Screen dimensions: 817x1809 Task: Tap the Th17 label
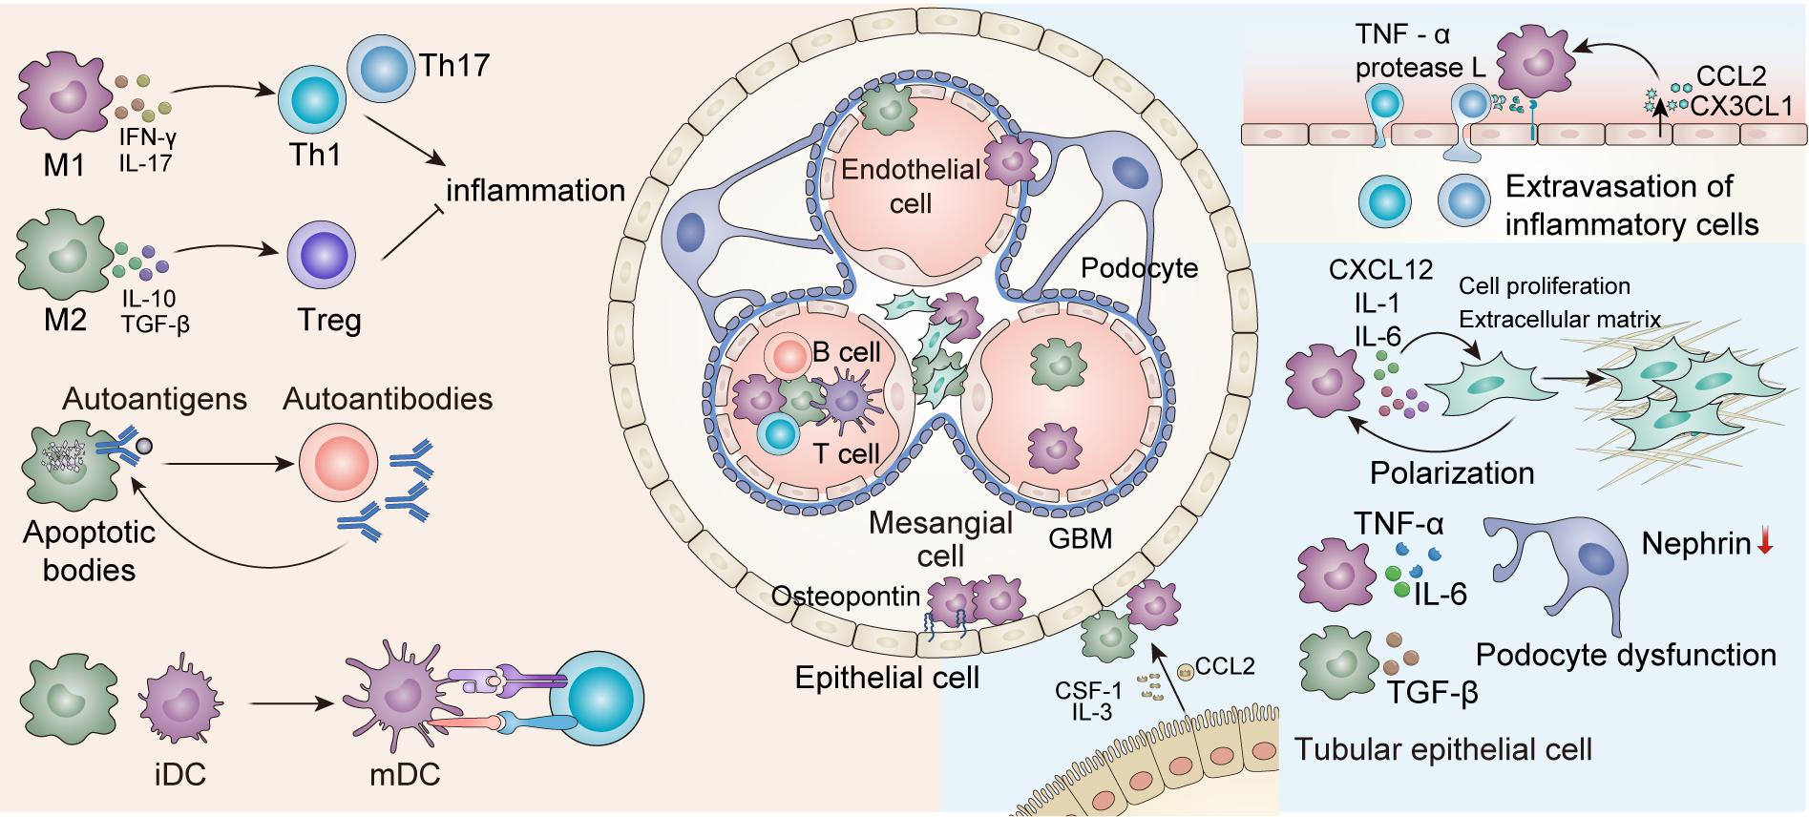tap(454, 65)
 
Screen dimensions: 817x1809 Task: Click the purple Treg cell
tap(322, 255)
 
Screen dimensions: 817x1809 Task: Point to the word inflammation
tap(536, 191)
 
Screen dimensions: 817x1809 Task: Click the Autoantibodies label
tap(388, 398)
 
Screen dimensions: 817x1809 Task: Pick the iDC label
tap(179, 774)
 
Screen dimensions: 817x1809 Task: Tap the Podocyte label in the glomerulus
tap(1139, 268)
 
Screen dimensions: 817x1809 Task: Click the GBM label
tap(1081, 539)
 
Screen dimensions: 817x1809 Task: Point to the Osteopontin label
tap(845, 597)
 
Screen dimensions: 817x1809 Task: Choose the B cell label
tap(846, 352)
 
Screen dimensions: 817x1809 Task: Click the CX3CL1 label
tap(1741, 106)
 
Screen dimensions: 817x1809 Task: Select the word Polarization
tap(1452, 473)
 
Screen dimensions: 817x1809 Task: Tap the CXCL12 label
tap(1380, 270)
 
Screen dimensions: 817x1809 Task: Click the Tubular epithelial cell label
tap(1442, 749)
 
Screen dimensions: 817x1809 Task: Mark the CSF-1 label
tap(1088, 690)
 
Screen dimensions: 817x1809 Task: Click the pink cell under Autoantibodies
tap(338, 463)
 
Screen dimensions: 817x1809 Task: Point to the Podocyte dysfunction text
tap(1626, 655)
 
